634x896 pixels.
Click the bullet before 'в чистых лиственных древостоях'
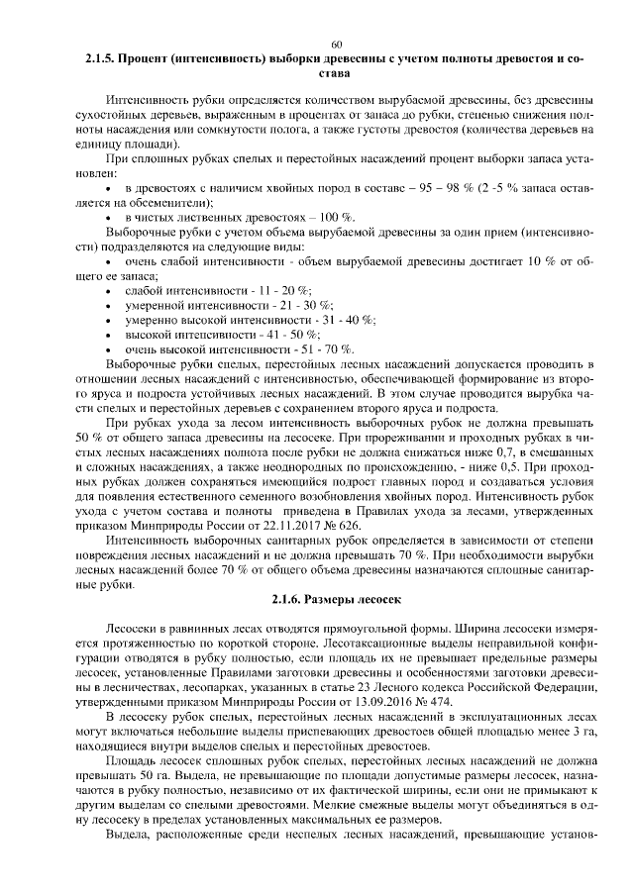(x=107, y=217)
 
